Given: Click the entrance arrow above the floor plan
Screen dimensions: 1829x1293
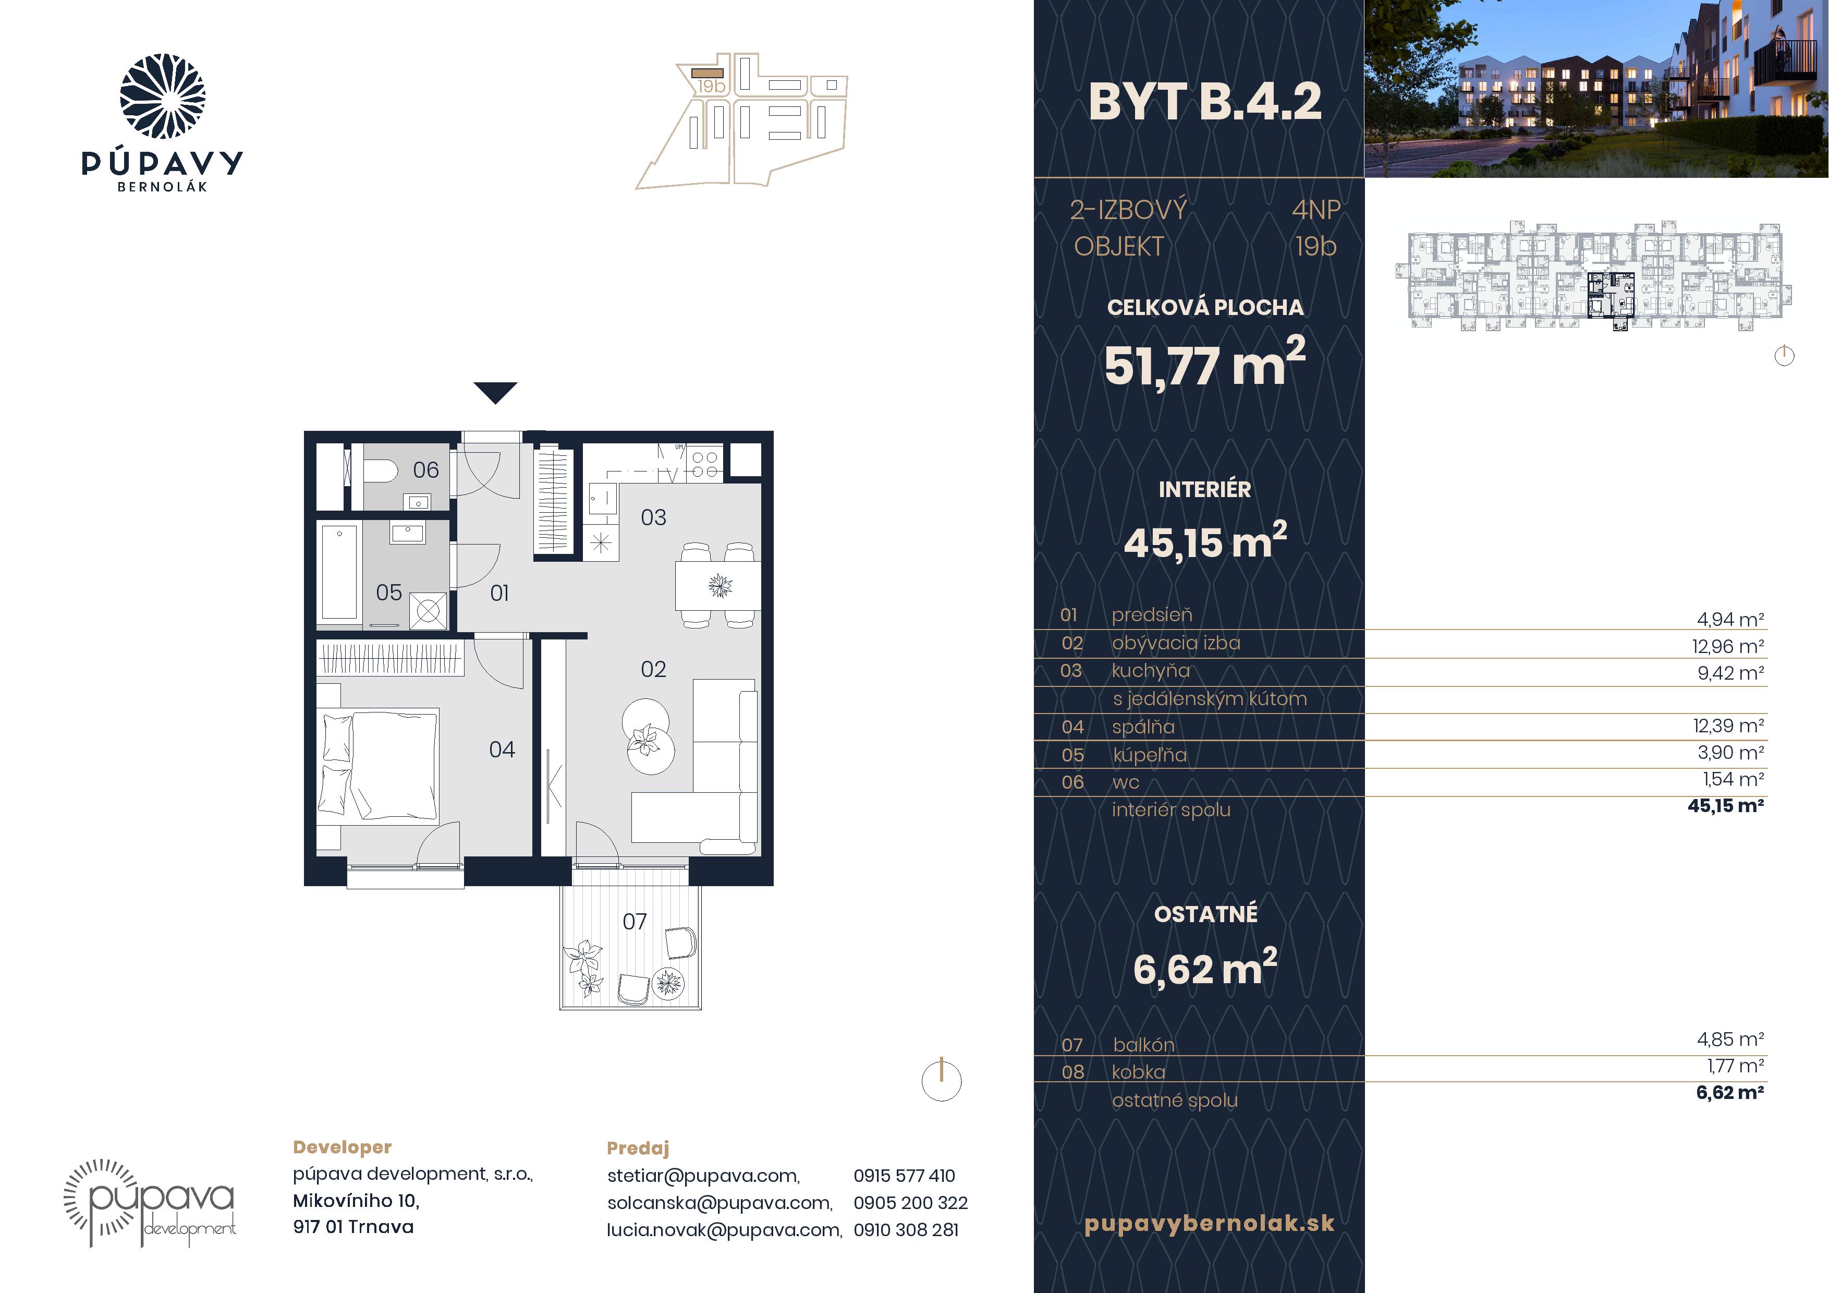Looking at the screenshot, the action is click(x=495, y=392).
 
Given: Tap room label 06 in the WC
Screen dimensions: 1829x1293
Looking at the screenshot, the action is click(x=425, y=470).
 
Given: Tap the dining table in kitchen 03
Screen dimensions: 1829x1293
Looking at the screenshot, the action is click(x=718, y=586).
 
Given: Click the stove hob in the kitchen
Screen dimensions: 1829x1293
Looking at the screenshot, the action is click(x=704, y=464).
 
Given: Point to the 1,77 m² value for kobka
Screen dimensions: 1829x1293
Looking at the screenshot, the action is click(x=1735, y=1066).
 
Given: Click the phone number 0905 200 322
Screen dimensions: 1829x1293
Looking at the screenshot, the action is click(x=910, y=1202).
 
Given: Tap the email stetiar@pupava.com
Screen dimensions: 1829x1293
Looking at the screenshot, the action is click(x=703, y=1176).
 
